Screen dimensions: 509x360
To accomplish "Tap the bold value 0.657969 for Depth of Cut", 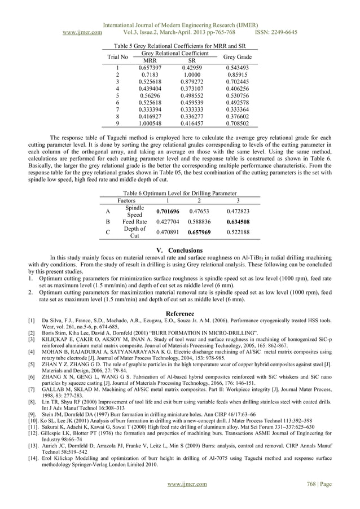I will [200, 231].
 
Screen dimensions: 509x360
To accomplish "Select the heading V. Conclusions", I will [179, 250].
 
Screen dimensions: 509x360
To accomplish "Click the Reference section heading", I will [179, 313].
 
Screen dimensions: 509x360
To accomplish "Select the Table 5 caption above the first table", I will [179, 46].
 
